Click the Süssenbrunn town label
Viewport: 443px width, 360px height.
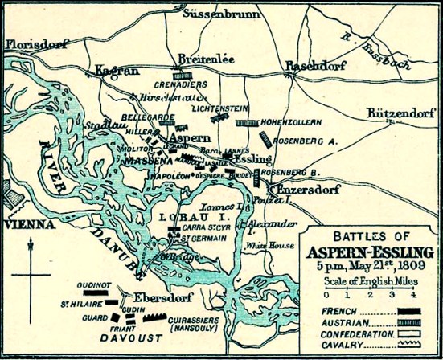(x=218, y=14)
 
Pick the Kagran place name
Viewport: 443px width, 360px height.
(x=113, y=72)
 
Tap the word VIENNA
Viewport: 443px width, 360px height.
(x=26, y=226)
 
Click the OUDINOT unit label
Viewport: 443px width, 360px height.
(x=93, y=286)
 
